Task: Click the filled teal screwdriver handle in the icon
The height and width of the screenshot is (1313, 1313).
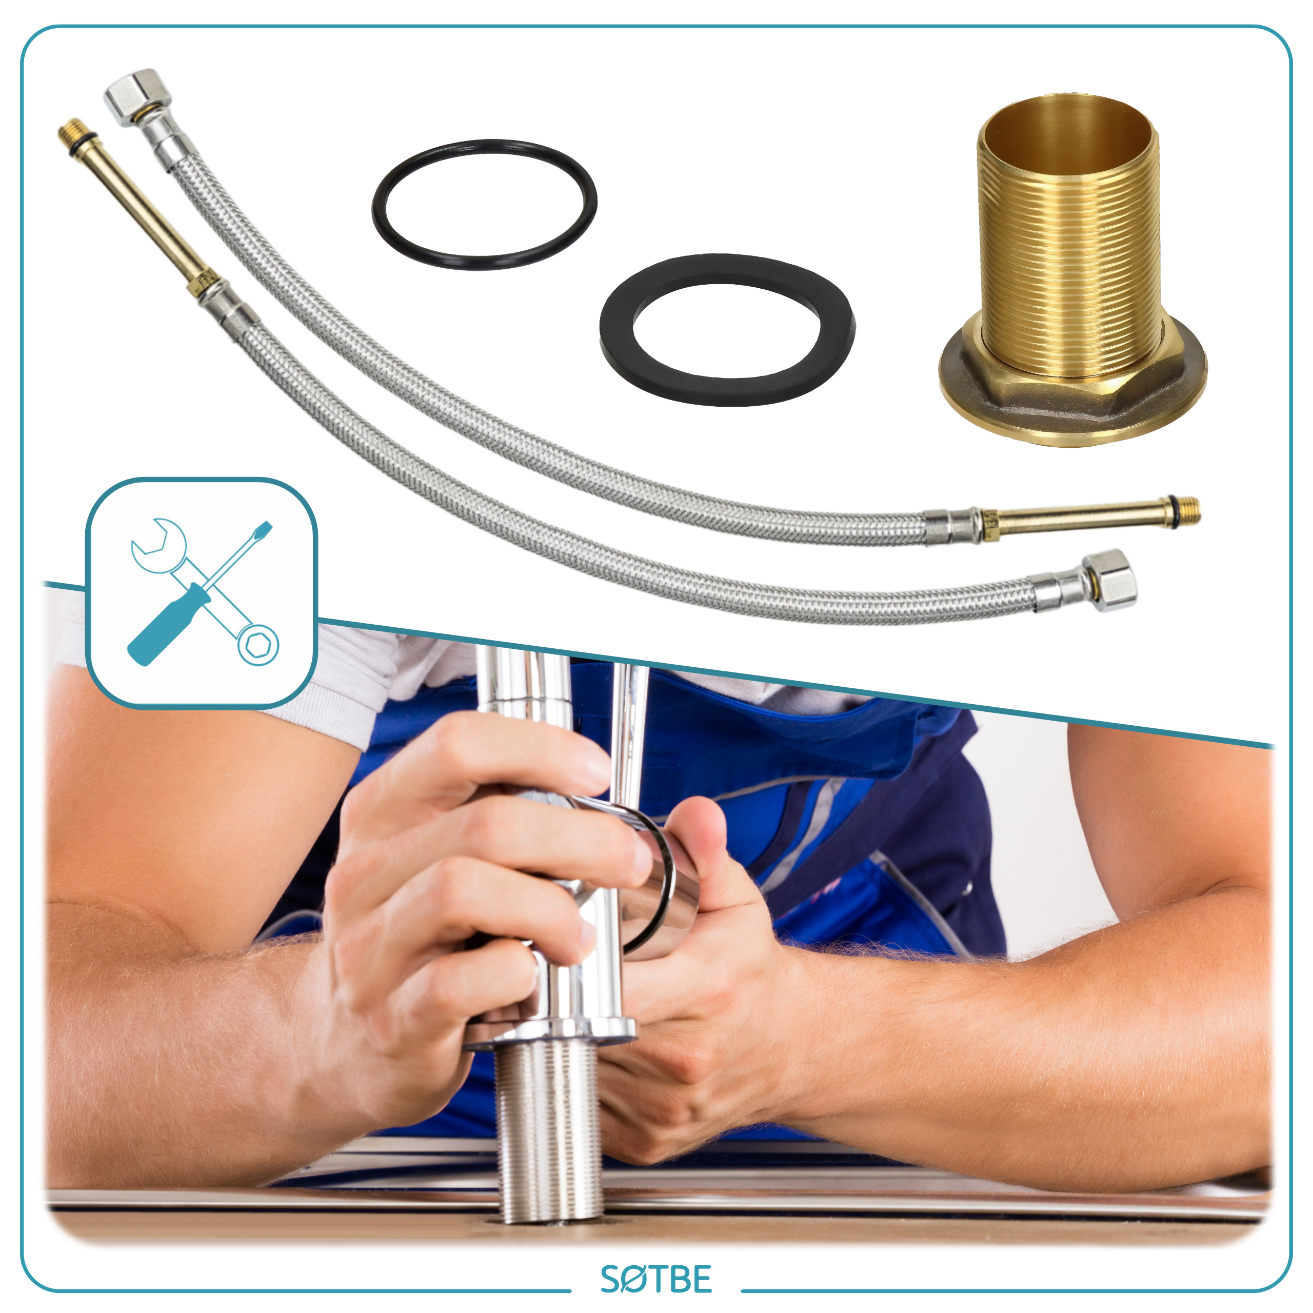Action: (170, 625)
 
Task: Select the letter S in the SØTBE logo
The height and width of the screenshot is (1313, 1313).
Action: (611, 1280)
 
